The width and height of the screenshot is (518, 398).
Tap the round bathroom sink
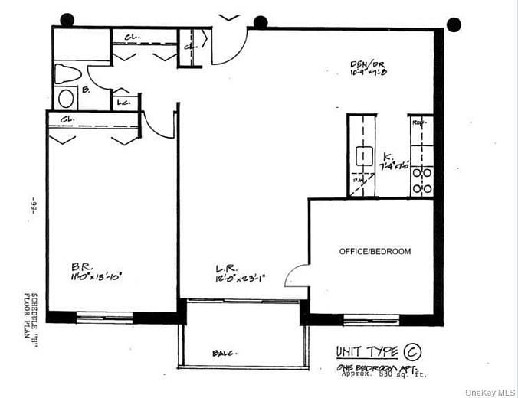click(x=67, y=98)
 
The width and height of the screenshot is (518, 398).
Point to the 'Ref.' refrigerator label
click(x=419, y=122)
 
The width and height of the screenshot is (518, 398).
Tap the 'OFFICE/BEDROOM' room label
click(x=375, y=251)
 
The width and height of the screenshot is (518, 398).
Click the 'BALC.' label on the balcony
click(x=223, y=353)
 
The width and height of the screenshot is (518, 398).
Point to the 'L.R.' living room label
click(x=226, y=269)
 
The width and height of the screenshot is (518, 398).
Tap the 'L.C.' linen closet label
click(x=123, y=102)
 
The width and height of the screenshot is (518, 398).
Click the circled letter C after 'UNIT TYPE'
click(x=412, y=352)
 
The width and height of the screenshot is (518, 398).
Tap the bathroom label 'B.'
click(x=86, y=90)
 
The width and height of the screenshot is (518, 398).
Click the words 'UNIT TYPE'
click(x=367, y=352)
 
